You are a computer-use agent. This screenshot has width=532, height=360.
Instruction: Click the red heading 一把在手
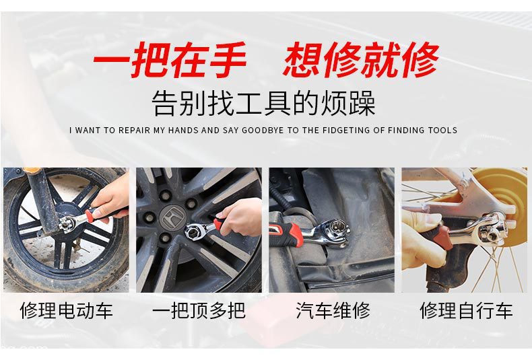[x=170, y=60]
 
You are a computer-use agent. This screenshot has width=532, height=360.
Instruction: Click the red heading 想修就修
[x=361, y=60]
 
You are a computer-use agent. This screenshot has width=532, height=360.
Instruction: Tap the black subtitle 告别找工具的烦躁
[x=263, y=103]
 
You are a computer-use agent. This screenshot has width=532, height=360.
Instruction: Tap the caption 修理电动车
[x=66, y=310]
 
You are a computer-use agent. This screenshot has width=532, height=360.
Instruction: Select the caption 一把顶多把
[x=199, y=310]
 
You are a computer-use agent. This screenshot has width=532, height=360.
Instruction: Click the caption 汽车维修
[x=333, y=310]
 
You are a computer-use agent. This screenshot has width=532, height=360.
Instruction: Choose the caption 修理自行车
[x=466, y=310]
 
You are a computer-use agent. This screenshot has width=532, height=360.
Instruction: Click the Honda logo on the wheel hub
[x=172, y=218]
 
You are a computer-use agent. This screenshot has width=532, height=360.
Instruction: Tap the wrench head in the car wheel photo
[x=194, y=231]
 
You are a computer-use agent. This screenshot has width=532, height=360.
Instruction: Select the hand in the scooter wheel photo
[x=111, y=199]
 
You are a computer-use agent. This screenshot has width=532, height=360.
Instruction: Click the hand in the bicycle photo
[x=424, y=239]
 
